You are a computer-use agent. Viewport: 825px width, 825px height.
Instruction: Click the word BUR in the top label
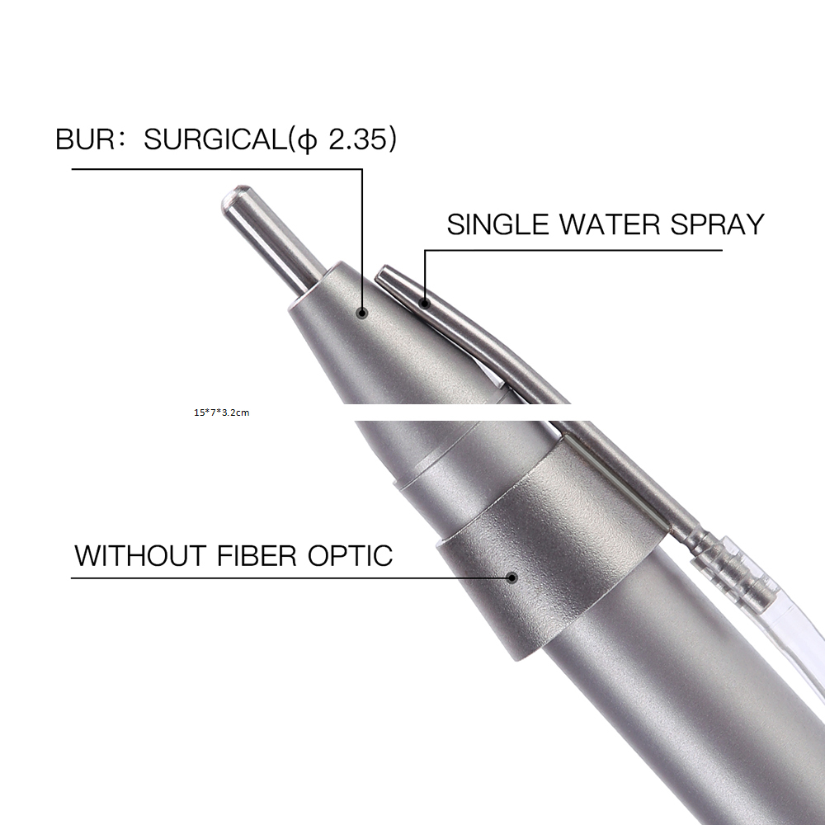[x=84, y=139]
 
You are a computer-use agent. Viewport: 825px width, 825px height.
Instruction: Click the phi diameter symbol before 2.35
[x=307, y=140]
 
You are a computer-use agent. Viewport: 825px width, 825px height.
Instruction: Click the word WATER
[x=610, y=224]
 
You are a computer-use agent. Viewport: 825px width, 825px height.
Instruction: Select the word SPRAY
[x=717, y=224]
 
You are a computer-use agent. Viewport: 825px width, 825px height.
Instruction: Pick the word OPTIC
[x=350, y=555]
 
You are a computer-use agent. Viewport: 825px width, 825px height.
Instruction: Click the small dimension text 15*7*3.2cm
[x=221, y=412]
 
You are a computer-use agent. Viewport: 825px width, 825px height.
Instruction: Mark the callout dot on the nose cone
[x=361, y=313]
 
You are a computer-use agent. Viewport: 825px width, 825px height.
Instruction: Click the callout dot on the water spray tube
[x=425, y=303]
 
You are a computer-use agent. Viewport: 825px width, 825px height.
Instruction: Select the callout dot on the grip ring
[x=511, y=577]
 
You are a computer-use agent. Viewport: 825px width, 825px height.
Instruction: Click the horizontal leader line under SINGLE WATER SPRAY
[x=573, y=251]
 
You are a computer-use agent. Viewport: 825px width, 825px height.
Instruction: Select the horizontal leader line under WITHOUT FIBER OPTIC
[x=291, y=577]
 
